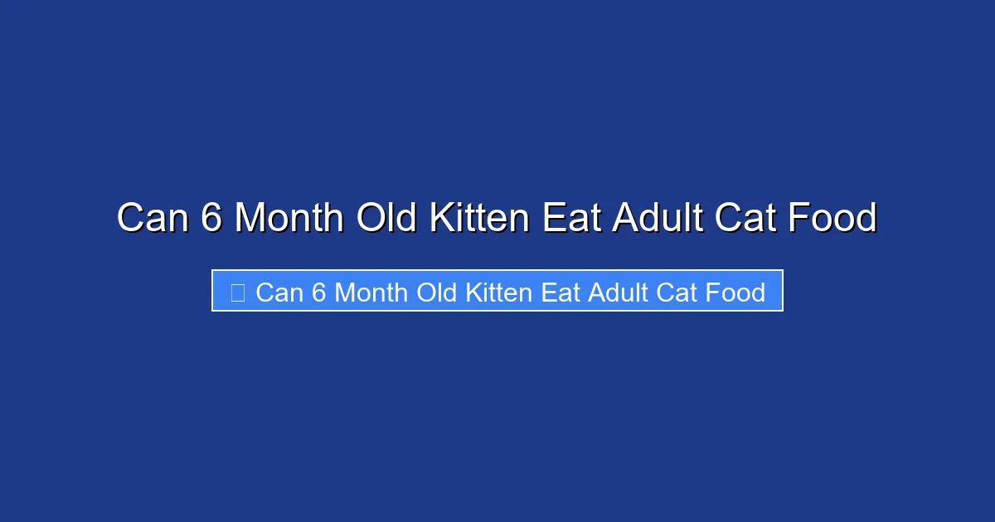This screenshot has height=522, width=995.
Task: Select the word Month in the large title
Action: (x=289, y=219)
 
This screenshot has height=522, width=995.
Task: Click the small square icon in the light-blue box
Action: (x=238, y=292)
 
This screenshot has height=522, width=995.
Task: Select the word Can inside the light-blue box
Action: (x=279, y=292)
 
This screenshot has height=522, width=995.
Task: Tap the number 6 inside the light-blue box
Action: (x=319, y=292)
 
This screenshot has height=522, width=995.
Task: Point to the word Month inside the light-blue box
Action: (x=371, y=292)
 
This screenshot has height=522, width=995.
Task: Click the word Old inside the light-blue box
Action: (x=436, y=292)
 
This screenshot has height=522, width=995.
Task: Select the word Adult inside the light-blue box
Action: (x=616, y=292)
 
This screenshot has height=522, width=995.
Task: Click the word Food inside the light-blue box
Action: (x=735, y=292)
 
